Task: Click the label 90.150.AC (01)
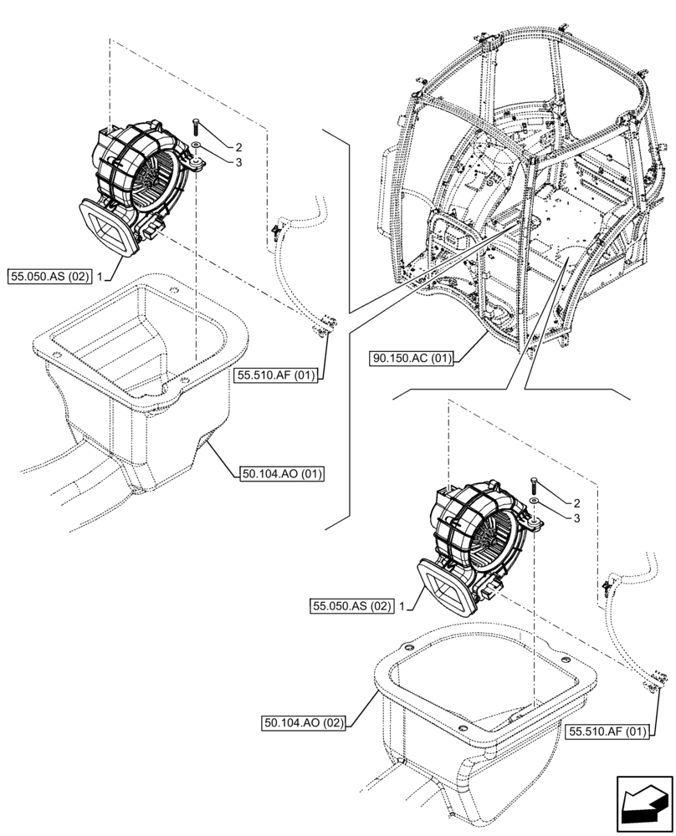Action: pos(411,359)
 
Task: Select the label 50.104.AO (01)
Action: pos(282,473)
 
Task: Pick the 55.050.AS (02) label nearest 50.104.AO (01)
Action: pos(49,275)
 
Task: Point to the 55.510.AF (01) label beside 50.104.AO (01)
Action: pos(275,375)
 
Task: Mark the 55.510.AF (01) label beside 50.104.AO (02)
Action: pos(607,731)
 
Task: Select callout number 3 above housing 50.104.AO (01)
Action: pos(215,162)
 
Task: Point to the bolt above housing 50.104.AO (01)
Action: pos(195,126)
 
